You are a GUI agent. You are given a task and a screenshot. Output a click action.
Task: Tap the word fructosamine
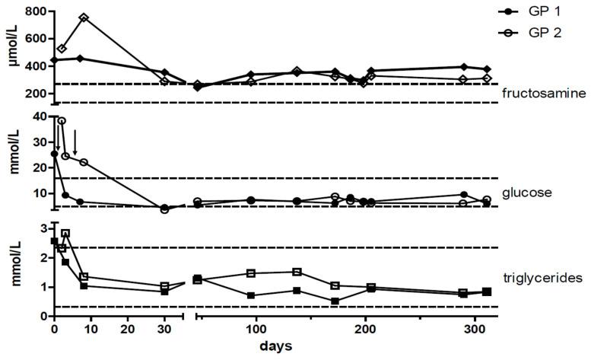click(x=543, y=94)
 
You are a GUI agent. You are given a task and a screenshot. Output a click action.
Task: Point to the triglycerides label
click(x=544, y=279)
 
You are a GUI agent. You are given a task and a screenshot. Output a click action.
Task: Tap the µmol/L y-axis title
click(x=11, y=47)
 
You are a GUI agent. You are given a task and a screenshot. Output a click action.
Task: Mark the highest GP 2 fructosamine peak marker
click(x=84, y=18)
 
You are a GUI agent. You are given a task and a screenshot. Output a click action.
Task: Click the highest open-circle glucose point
click(x=62, y=121)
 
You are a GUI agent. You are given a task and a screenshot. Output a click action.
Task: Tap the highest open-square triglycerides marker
click(x=65, y=234)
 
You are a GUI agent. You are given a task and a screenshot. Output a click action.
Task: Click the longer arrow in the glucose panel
click(x=75, y=142)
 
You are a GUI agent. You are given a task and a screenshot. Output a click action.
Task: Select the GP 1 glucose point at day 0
click(x=54, y=154)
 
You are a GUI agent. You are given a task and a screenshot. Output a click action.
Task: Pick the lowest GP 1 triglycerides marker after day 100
click(x=335, y=301)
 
